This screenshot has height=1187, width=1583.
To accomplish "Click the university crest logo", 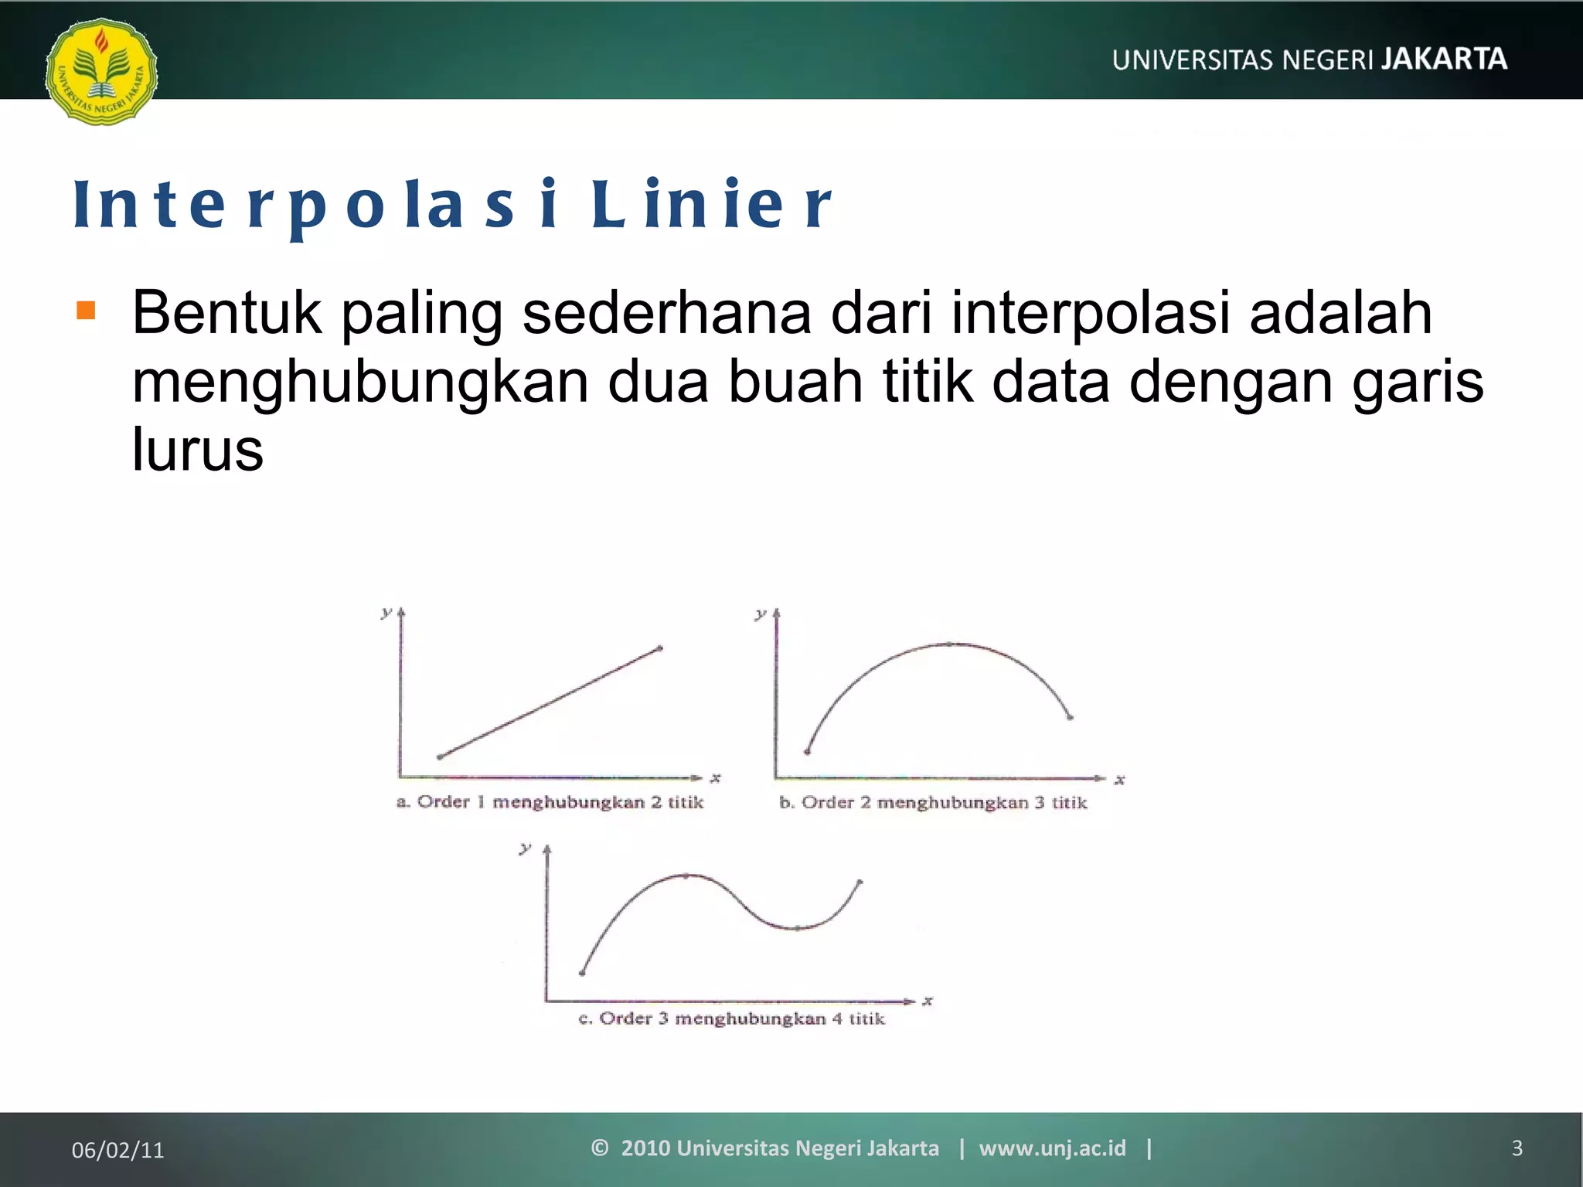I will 101,71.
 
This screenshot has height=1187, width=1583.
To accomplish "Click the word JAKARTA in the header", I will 1444,59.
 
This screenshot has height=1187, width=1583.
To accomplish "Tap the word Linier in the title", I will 711,205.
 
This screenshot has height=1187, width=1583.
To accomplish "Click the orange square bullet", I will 86,311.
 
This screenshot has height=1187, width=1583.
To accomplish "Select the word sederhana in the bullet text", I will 666,313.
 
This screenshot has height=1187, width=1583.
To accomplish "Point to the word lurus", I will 197,450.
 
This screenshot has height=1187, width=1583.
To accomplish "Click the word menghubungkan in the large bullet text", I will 360,382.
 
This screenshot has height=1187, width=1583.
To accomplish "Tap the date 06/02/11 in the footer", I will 117,1150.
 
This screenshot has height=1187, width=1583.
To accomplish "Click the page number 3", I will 1517,1148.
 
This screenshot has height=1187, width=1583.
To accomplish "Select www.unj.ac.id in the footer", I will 1052,1148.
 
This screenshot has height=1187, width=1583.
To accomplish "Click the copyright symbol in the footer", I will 600,1148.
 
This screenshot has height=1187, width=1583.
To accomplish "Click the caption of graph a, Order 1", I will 550,802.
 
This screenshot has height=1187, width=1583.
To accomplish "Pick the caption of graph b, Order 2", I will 933,803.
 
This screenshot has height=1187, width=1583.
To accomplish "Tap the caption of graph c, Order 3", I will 731,1019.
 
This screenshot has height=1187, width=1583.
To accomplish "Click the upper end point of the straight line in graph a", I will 659,648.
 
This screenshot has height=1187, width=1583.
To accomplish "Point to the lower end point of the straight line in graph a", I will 440,757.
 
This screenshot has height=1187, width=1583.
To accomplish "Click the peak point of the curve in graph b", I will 949,643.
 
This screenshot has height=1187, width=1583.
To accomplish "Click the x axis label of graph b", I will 1119,781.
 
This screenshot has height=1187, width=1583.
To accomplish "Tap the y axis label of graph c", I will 525,849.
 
